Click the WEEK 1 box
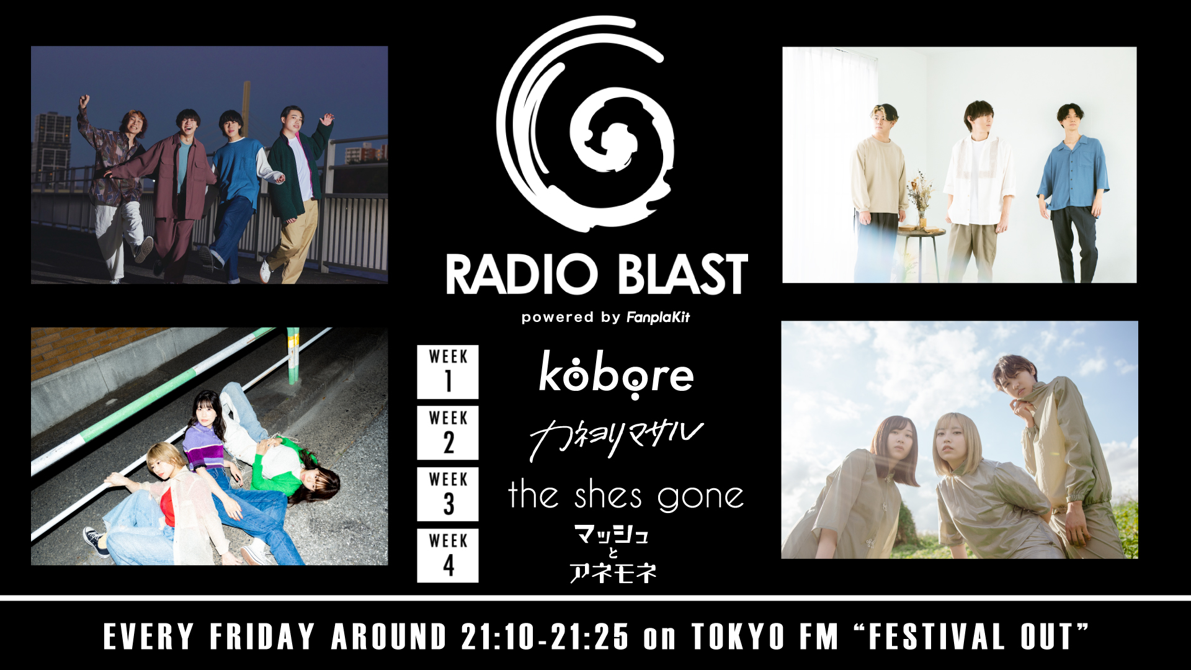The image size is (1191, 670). [448, 372]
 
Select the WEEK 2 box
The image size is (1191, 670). [448, 432]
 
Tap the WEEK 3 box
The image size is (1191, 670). [448, 494]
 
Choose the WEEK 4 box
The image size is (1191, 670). [448, 555]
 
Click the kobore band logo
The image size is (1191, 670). [616, 374]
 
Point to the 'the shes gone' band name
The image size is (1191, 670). [626, 496]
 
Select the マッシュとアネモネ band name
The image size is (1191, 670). [612, 554]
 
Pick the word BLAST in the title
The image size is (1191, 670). [682, 274]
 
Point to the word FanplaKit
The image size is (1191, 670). [658, 318]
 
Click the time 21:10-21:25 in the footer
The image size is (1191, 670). [545, 637]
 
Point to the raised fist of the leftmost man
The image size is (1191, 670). [84, 100]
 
